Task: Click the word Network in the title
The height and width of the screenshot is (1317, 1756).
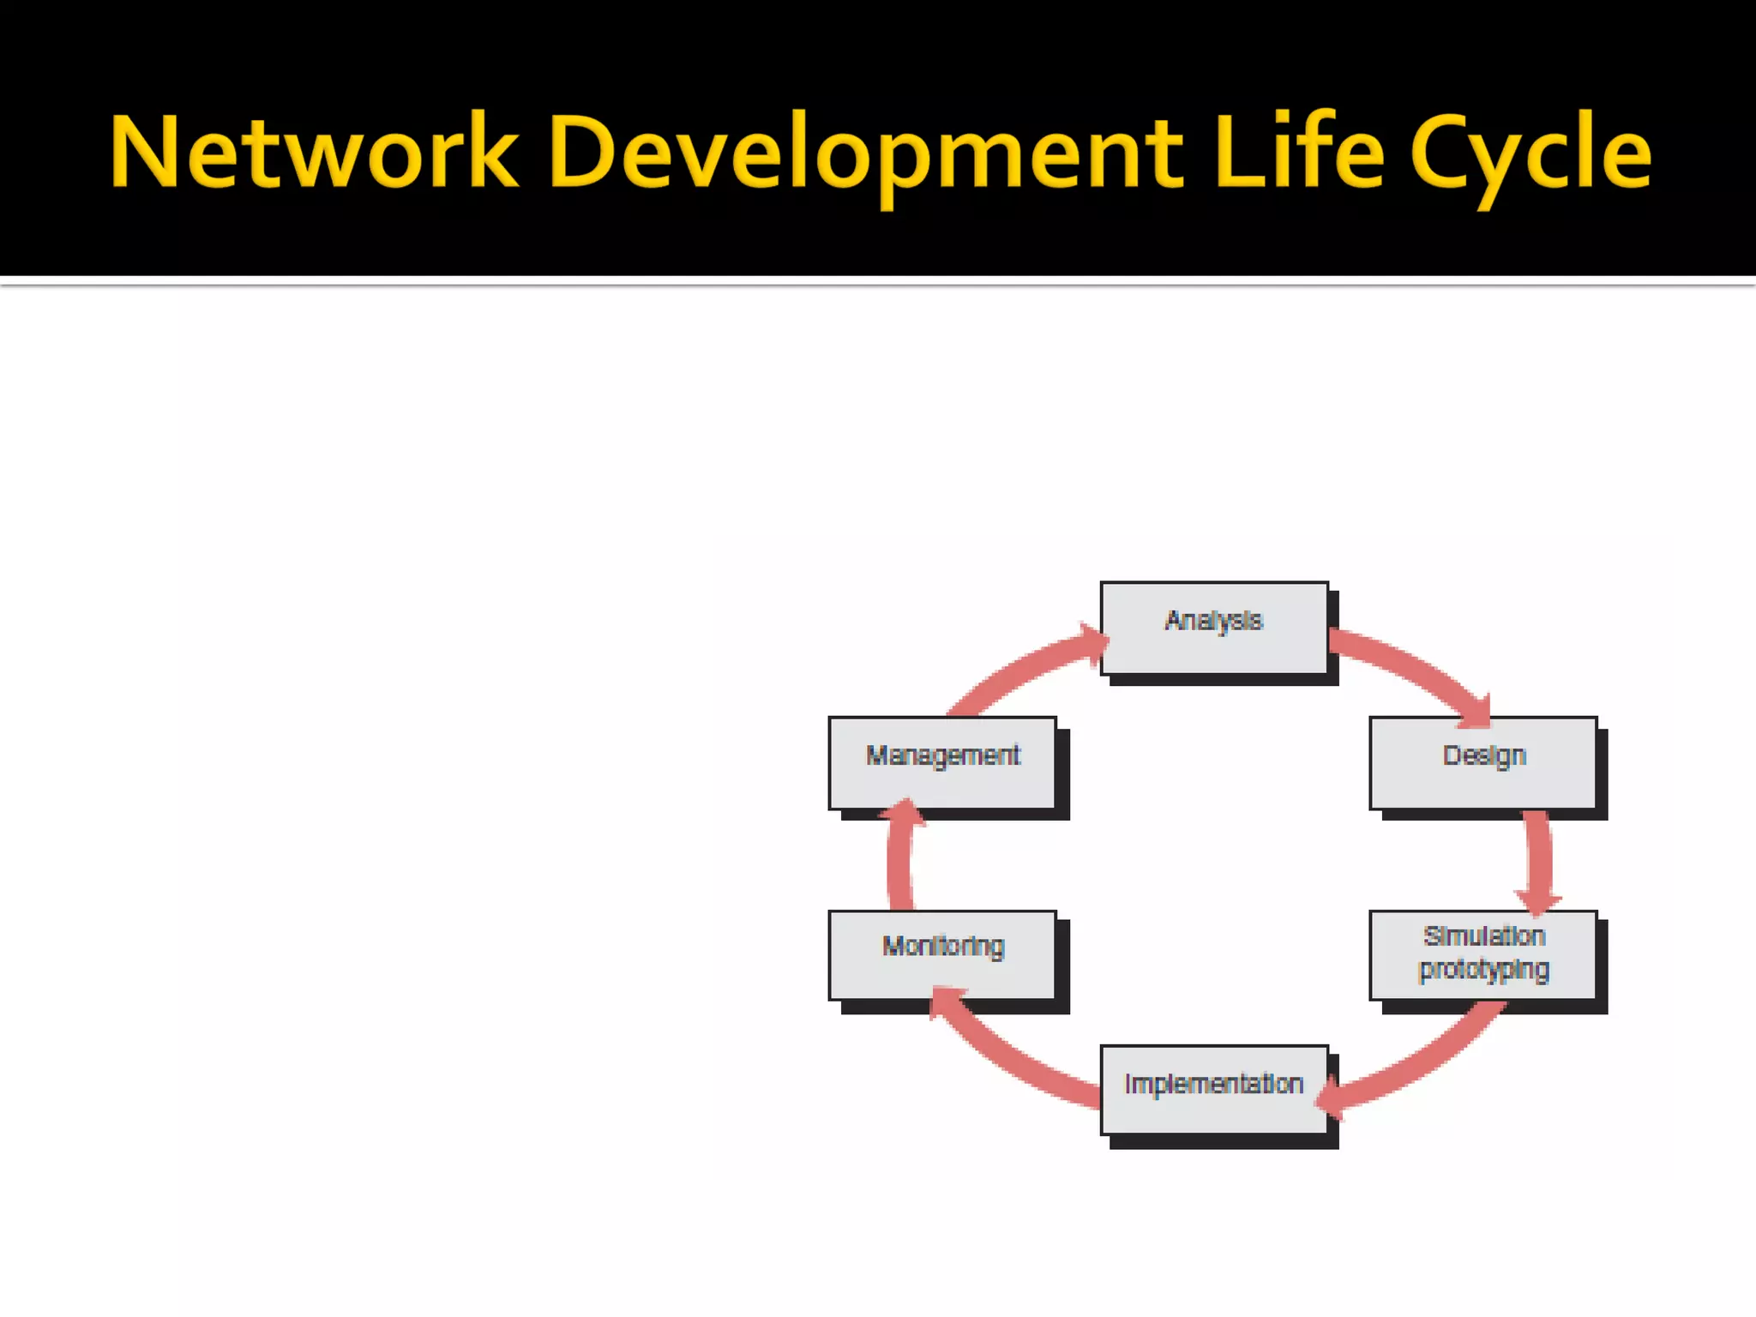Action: click(314, 153)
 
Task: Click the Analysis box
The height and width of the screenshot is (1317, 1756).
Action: click(1214, 628)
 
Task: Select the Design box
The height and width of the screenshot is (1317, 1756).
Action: click(1483, 762)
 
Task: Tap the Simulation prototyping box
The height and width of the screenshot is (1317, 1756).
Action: click(1483, 954)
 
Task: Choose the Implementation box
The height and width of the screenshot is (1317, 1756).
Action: click(1214, 1089)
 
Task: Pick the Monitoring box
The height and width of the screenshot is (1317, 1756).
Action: click(942, 954)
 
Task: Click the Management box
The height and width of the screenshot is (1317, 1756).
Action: click(942, 762)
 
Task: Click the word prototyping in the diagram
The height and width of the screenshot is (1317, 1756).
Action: click(1483, 971)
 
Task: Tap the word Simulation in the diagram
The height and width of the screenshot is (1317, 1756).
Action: click(1484, 936)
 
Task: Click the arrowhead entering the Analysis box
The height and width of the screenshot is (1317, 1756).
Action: click(1092, 643)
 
